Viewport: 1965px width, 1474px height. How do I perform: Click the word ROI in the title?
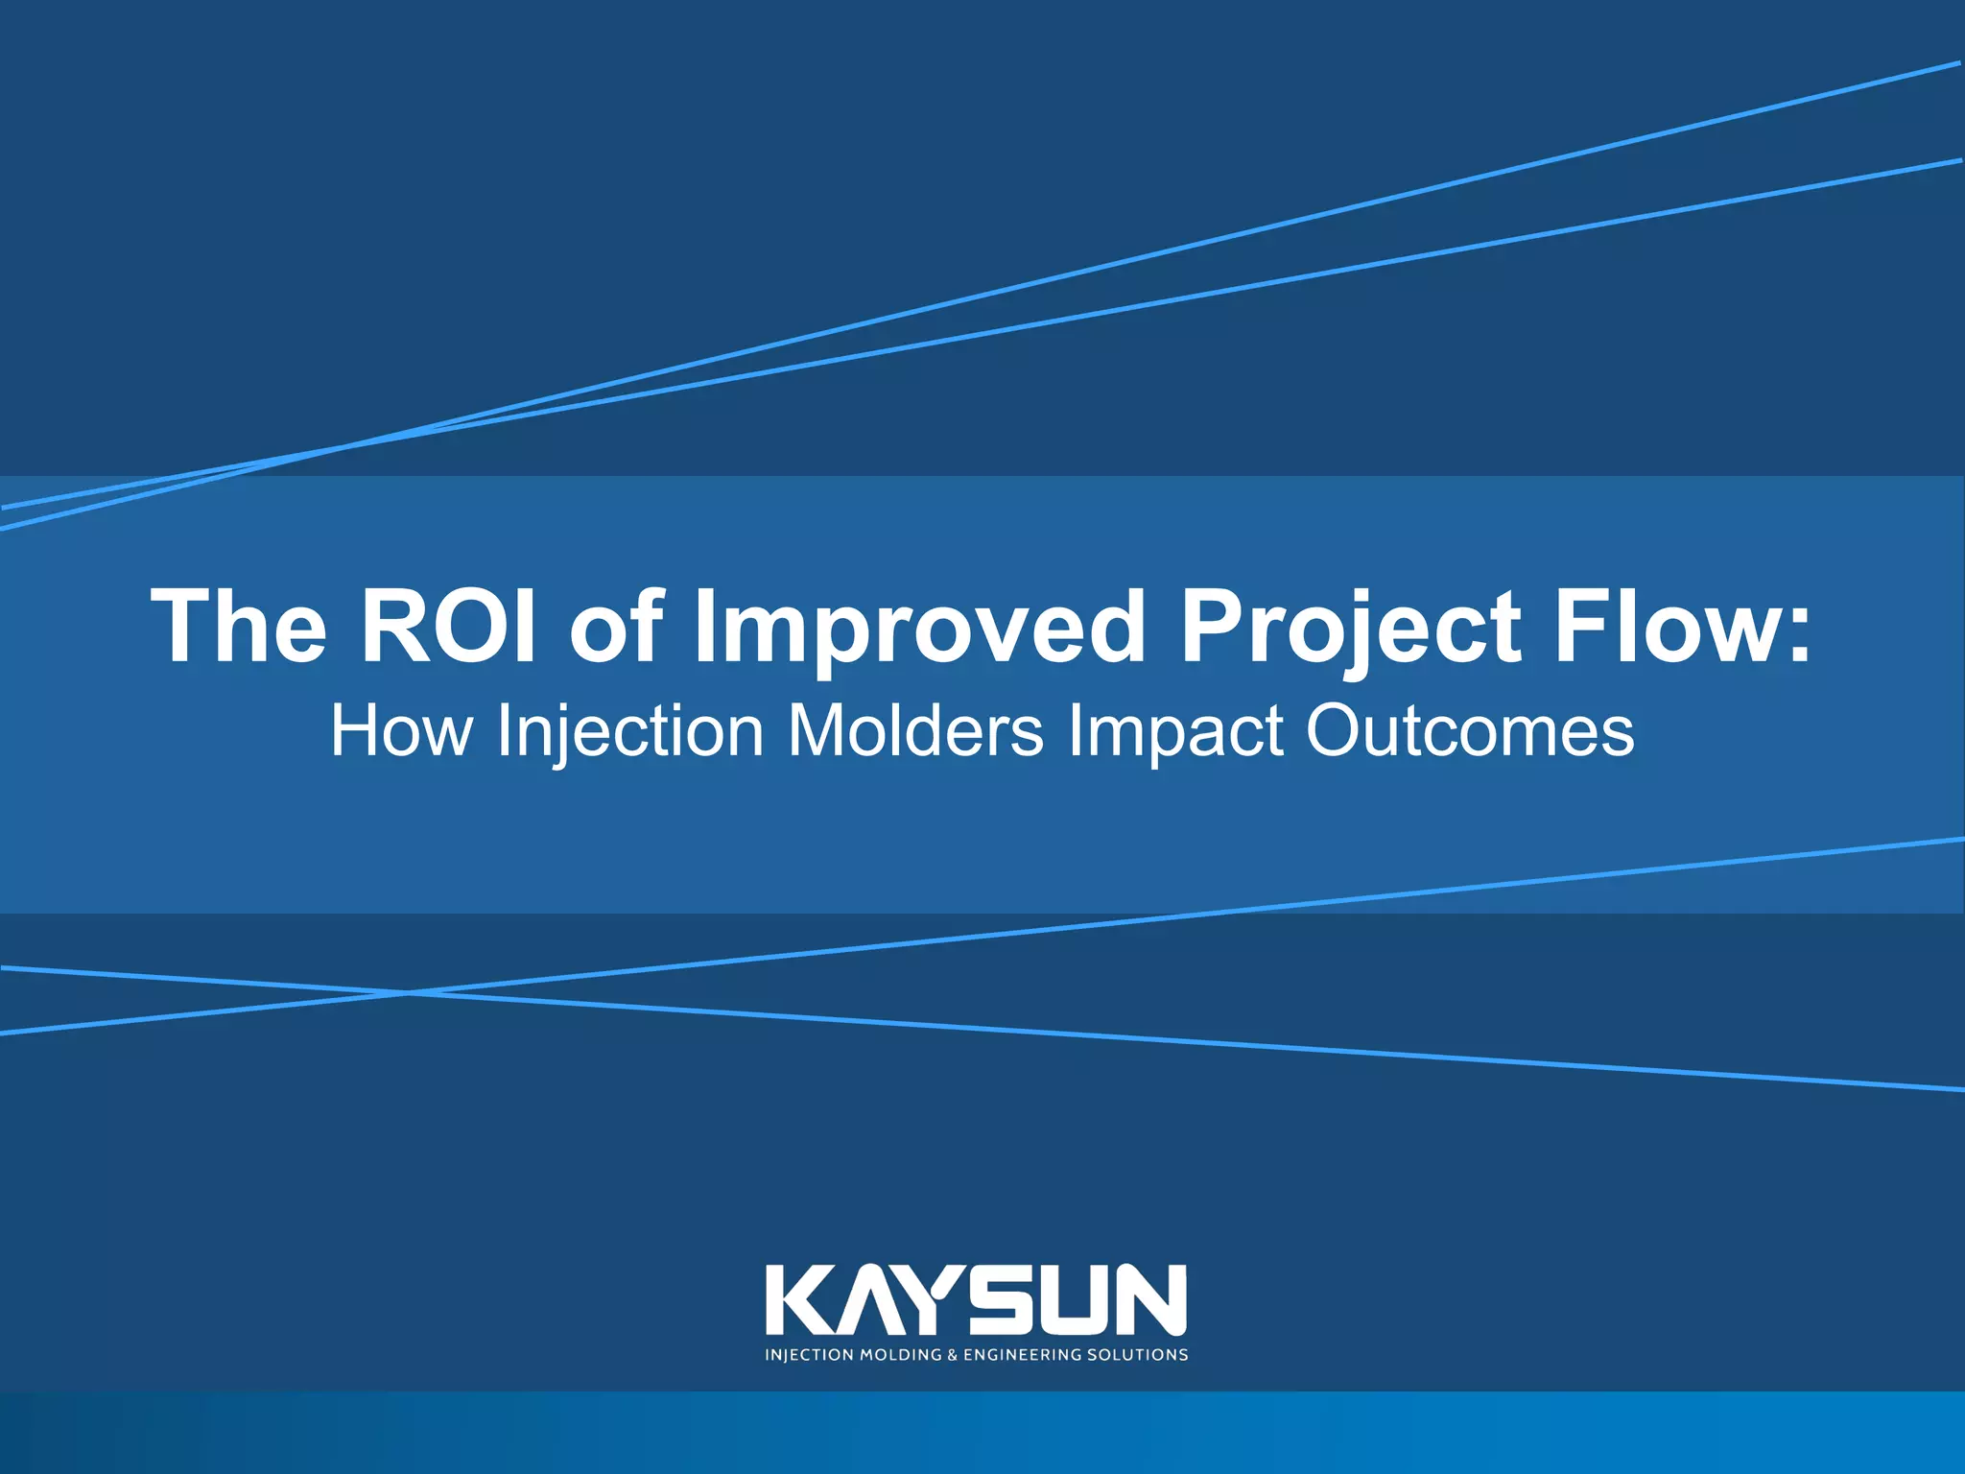447,627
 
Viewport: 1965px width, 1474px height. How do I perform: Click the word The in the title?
239,627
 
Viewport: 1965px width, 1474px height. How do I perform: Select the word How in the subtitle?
401,731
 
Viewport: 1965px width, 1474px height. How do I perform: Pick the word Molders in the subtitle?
915,731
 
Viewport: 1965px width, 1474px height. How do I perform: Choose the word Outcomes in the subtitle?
1470,731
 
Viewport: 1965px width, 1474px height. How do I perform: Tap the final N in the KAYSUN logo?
1150,1299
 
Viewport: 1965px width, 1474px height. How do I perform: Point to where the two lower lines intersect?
409,992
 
